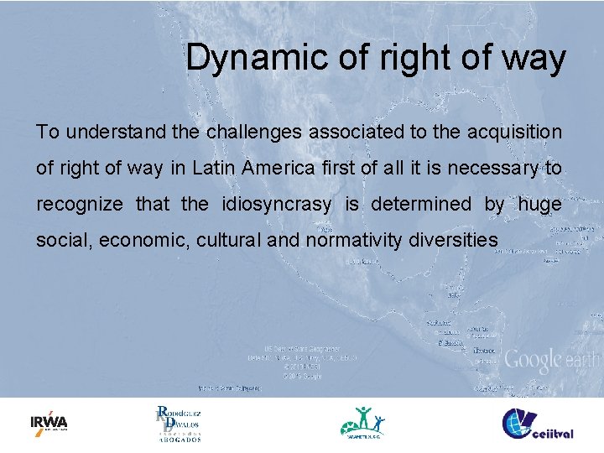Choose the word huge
[x=539, y=205]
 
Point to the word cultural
[x=230, y=241]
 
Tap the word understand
[x=104, y=133]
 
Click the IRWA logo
[x=49, y=423]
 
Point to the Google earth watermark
[x=550, y=361]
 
